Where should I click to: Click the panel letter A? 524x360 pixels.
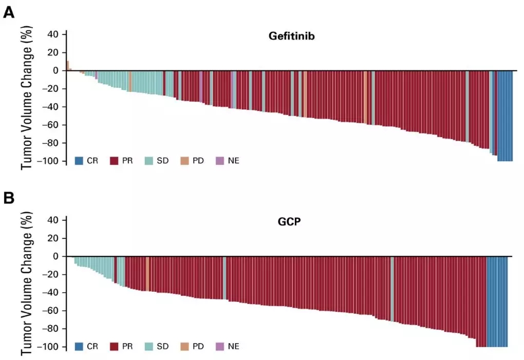point(9,13)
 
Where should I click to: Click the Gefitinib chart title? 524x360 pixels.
point(291,36)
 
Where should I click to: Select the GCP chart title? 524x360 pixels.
point(289,224)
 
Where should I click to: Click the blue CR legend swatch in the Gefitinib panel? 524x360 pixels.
point(79,161)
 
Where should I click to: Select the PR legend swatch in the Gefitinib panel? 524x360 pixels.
point(115,161)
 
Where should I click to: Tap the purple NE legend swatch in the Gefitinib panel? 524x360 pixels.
point(220,161)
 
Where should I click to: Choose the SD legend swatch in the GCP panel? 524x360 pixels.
point(149,346)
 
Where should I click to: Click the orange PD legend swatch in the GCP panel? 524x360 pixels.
point(185,346)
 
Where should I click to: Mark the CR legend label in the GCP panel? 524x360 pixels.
point(92,346)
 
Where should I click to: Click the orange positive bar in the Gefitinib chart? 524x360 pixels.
point(67,66)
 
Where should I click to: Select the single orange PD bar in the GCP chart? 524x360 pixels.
point(147,274)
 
